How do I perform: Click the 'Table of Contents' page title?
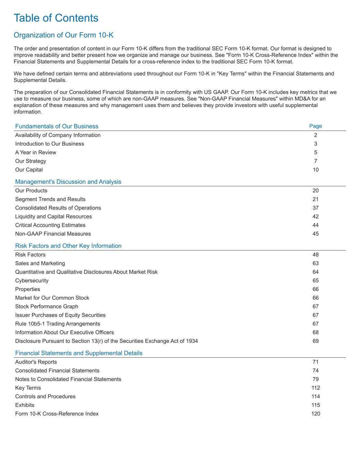[56, 18]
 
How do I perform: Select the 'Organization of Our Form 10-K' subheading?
[64, 35]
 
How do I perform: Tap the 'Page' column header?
[315, 126]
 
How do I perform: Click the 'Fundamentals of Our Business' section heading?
[57, 126]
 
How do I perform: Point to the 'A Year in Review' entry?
[35, 153]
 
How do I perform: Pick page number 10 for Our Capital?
[315, 170]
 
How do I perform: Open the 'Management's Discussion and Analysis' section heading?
[68, 182]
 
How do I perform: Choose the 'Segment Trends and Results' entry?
[50, 199]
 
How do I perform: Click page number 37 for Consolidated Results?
[315, 208]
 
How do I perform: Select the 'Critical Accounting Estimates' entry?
[50, 225]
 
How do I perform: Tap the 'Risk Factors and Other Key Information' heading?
[68, 246]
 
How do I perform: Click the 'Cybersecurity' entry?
[32, 281]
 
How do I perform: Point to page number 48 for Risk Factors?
[315, 255]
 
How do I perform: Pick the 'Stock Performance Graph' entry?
[46, 306]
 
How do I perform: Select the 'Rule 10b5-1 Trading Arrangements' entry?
[57, 324]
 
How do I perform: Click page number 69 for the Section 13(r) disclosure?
[315, 341]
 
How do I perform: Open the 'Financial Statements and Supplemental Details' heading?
[79, 353]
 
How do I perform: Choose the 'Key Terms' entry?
[28, 388]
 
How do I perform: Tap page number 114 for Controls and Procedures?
[315, 397]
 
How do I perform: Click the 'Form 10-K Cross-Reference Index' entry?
[57, 414]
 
